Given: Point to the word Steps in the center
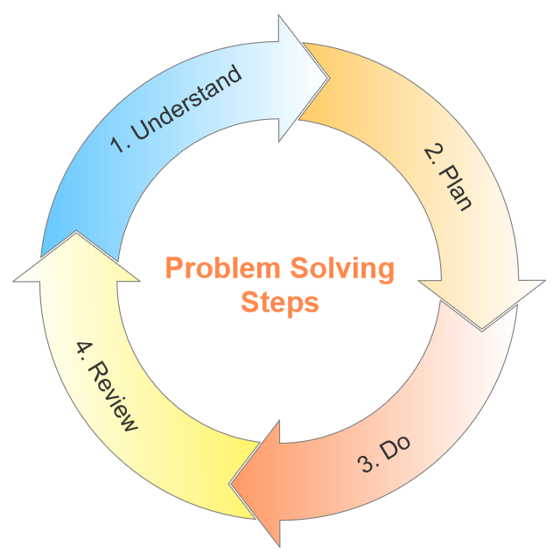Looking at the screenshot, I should point(279,303).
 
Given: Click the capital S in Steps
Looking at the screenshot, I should point(248,302).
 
